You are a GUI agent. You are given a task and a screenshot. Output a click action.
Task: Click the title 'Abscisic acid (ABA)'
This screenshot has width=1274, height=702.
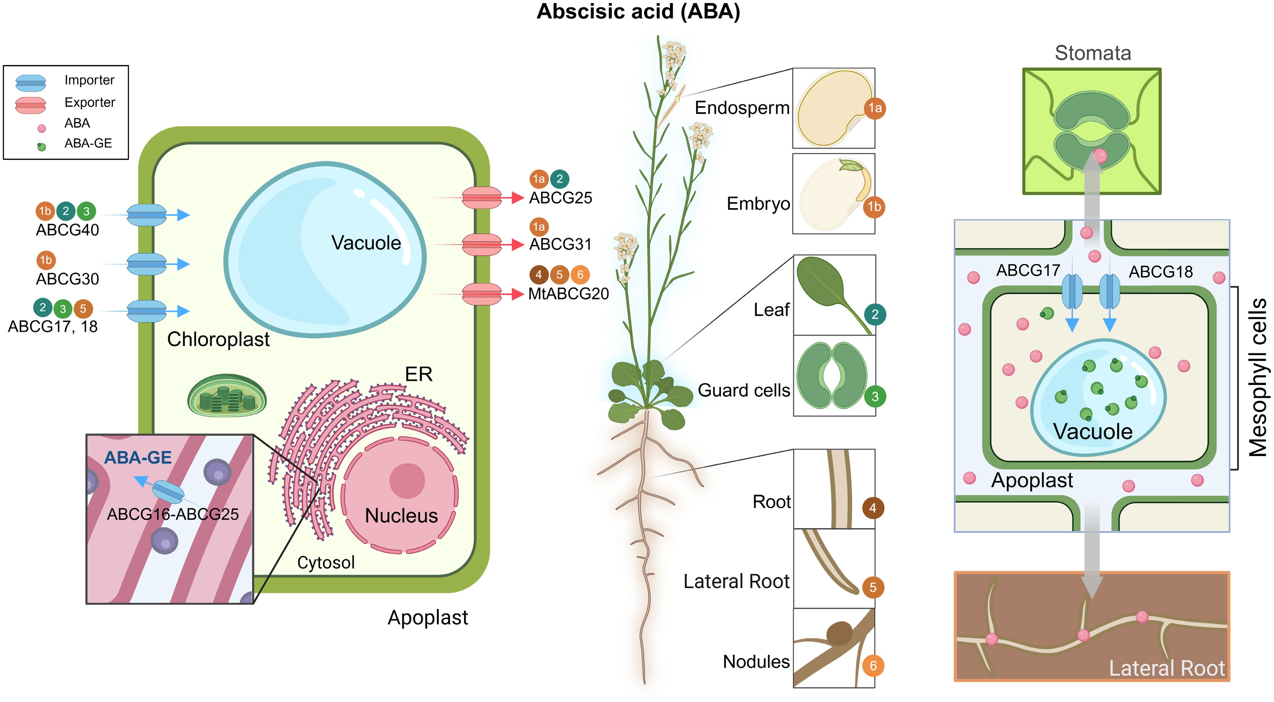638,12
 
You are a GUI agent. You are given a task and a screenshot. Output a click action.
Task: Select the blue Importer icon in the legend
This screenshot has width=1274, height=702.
31,83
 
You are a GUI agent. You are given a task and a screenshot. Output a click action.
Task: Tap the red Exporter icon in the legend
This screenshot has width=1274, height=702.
31,105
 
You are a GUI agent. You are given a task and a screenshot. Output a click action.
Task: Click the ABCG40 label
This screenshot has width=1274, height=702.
67,230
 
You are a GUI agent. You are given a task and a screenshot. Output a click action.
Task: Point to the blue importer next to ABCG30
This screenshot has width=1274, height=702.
146,264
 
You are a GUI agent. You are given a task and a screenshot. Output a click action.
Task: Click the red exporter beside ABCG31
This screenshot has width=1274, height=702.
482,244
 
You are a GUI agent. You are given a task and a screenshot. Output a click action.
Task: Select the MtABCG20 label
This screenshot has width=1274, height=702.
568,294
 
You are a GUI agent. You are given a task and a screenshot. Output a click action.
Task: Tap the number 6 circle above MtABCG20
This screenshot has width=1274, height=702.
580,275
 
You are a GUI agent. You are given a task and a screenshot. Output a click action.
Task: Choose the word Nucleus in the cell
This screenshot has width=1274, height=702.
401,516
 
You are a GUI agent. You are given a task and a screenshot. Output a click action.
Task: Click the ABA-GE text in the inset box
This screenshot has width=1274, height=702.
138,458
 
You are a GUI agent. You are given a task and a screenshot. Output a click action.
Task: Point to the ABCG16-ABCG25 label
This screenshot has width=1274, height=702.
173,514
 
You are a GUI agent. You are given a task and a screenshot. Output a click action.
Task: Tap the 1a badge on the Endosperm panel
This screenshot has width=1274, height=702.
874,108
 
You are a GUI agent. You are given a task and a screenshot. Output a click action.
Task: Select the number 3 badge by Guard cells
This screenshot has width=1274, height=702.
874,396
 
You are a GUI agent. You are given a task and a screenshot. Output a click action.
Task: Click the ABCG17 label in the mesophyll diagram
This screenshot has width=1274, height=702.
1028,270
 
